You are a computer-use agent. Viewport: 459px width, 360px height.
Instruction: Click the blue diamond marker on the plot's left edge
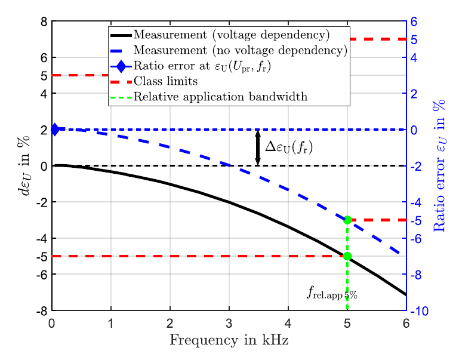(55, 129)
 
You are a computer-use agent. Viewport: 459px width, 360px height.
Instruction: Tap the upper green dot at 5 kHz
(347, 220)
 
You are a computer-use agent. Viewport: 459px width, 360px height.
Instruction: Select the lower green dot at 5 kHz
(347, 256)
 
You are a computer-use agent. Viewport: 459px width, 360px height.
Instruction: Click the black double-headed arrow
(258, 147)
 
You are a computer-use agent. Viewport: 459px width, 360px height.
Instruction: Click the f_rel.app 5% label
(332, 293)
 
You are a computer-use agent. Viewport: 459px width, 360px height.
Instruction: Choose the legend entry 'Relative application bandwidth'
(220, 97)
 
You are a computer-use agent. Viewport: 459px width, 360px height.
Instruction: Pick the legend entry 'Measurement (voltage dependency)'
(232, 34)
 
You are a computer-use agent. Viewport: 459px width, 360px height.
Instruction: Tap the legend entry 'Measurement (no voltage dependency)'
(240, 50)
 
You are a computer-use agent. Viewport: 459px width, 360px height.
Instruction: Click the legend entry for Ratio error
(202, 66)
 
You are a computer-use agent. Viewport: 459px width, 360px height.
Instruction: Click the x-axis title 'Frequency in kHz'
(229, 341)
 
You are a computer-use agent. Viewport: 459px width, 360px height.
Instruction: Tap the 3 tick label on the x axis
(229, 324)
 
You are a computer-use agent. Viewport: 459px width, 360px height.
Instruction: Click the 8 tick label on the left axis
(44, 22)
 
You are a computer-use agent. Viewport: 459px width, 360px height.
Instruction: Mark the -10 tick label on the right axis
(420, 312)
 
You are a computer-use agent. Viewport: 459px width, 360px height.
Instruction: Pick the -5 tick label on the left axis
(42, 256)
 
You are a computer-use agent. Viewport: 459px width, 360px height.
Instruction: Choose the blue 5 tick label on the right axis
(413, 41)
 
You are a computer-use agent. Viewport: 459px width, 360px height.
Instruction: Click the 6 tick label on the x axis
(406, 324)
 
